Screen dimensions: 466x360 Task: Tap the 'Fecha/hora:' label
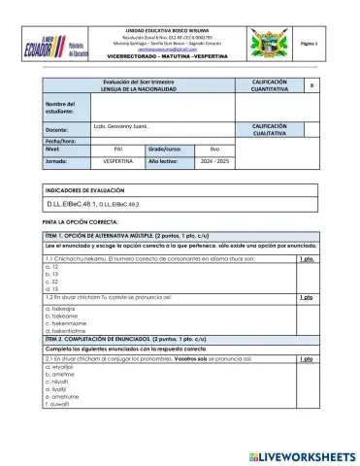pos(59,141)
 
